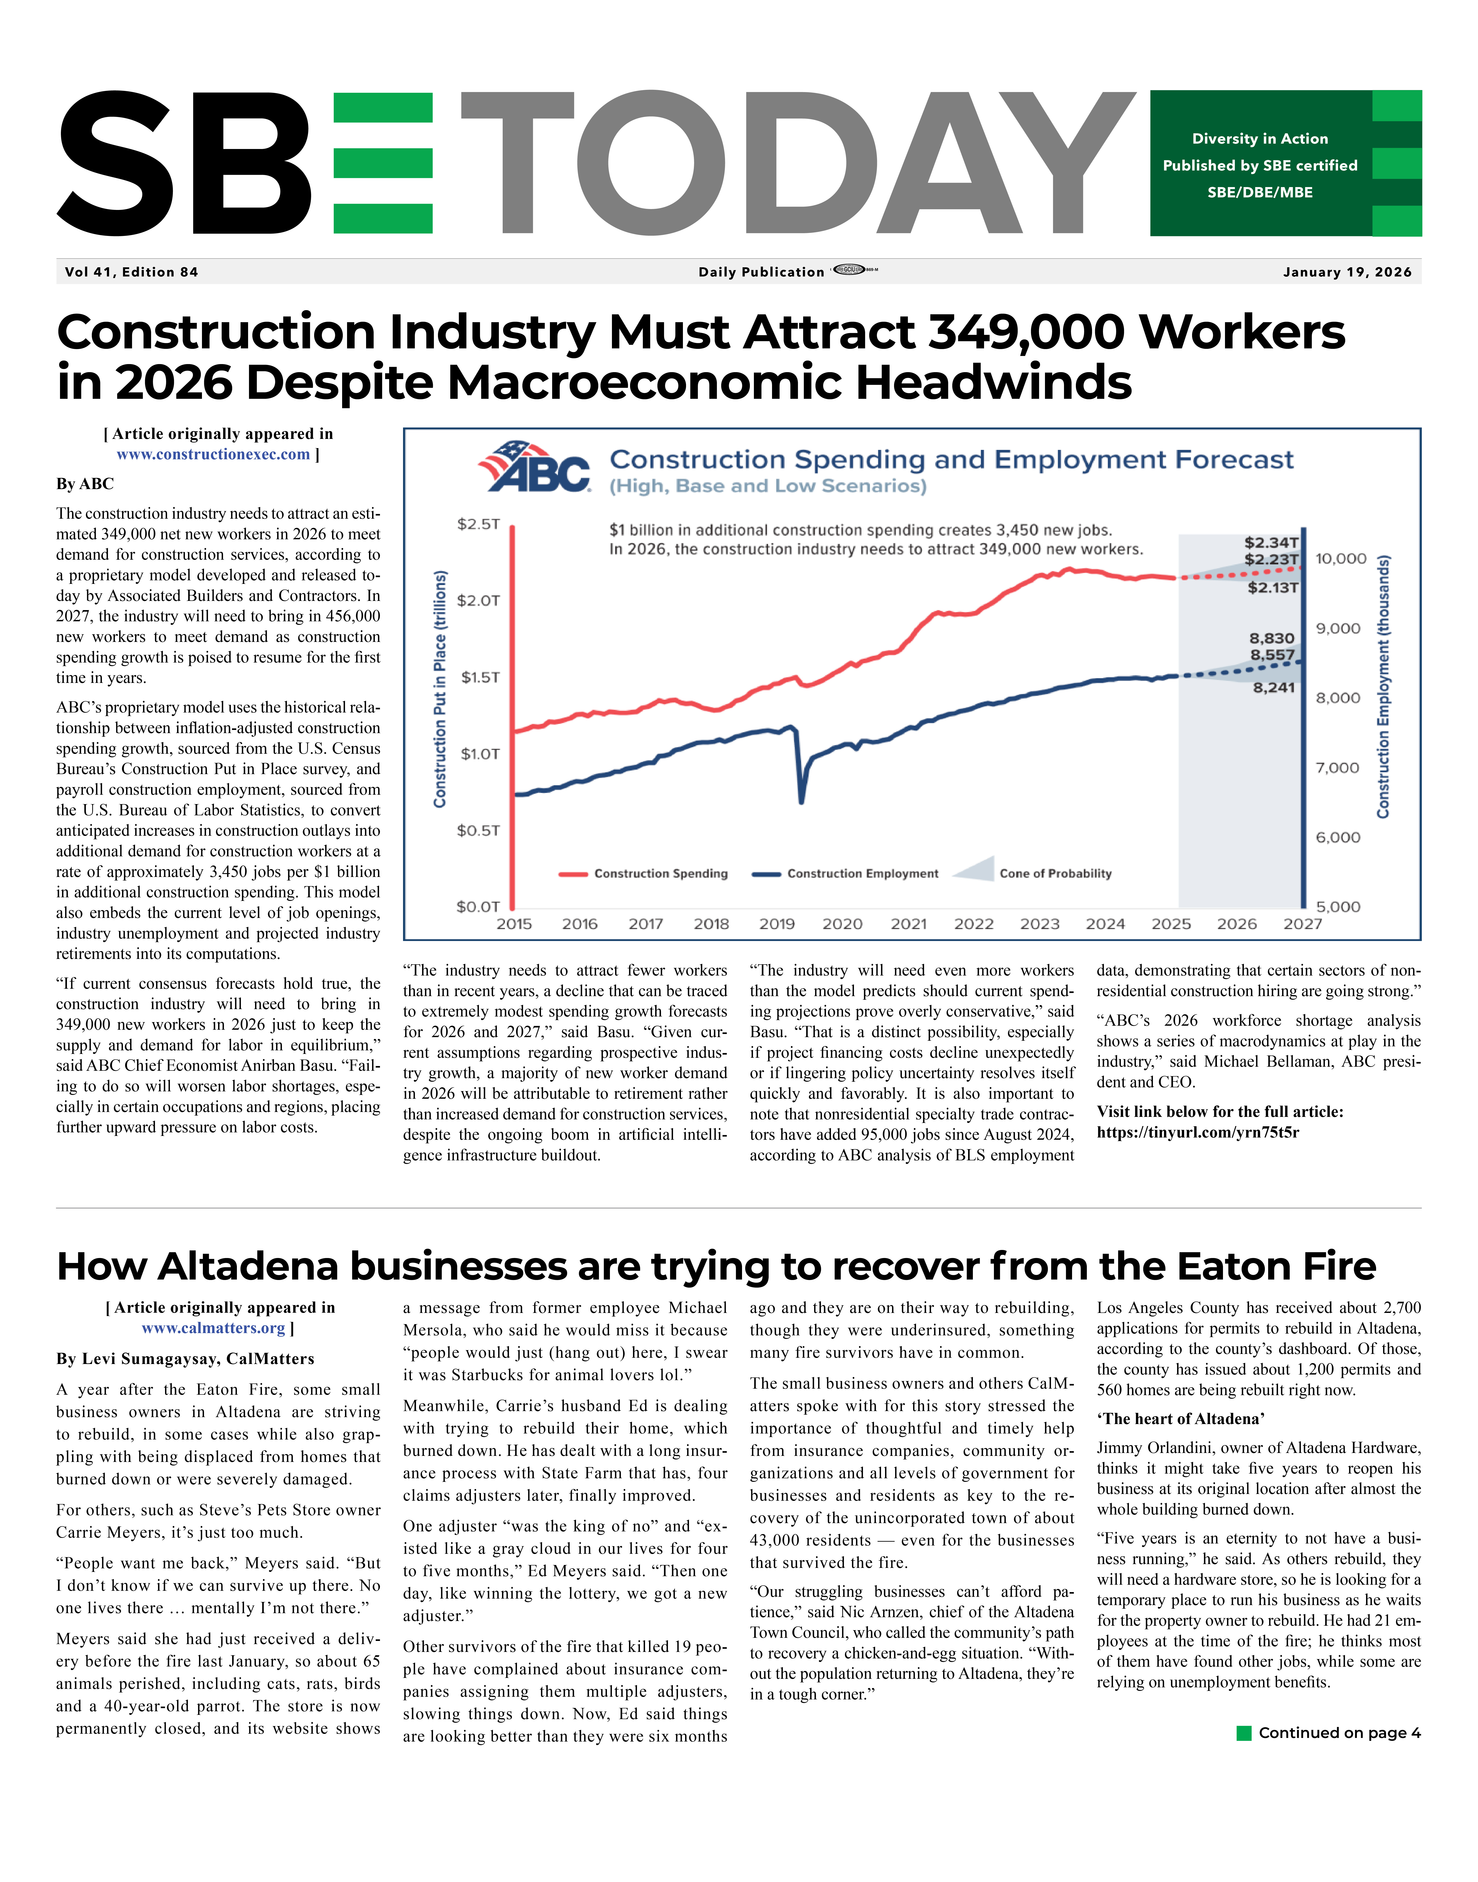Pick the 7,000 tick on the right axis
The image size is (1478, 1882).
[1338, 768]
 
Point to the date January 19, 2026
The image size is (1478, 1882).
[1347, 272]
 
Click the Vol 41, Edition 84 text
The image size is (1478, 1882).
[131, 272]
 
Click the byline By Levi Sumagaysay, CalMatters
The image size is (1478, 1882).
[185, 1359]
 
